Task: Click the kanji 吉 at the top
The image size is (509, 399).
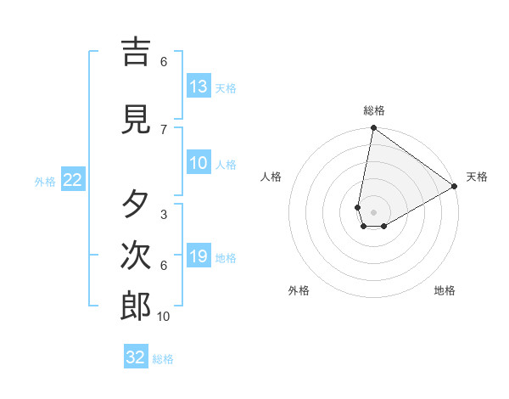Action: (136, 52)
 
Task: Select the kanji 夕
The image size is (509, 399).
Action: (136, 205)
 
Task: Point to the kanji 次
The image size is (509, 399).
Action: (136, 256)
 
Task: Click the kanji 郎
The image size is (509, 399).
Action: (136, 306)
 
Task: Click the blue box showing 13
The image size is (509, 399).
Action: (199, 87)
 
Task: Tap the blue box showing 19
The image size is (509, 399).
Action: (199, 256)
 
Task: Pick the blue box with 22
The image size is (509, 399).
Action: (72, 180)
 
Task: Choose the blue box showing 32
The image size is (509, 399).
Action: (136, 357)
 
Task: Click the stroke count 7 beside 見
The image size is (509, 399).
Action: (164, 129)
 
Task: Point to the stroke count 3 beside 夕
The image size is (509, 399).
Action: (164, 214)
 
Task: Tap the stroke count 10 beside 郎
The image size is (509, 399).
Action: (164, 316)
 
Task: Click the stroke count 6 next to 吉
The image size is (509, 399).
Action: (164, 61)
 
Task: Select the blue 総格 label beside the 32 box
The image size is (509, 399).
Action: (163, 359)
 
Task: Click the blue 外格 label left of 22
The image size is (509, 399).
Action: (45, 182)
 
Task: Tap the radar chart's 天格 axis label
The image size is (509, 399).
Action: (477, 177)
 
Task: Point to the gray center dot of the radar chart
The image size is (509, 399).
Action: (373, 212)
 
